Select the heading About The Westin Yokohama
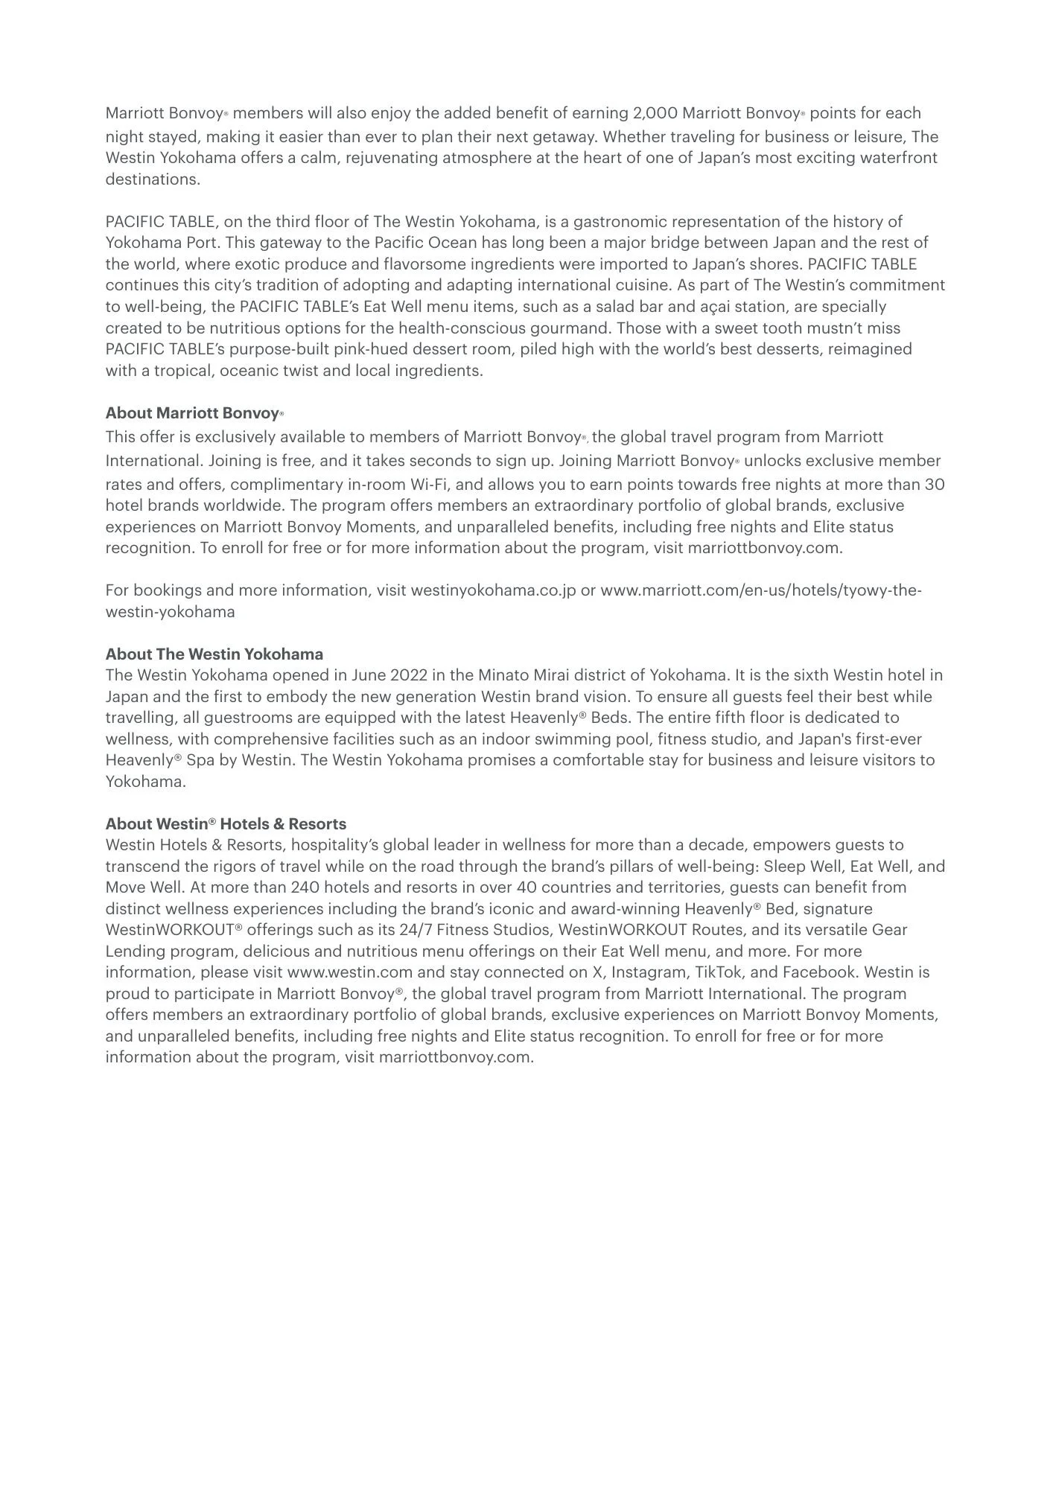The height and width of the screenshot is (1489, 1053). pyautogui.click(x=214, y=654)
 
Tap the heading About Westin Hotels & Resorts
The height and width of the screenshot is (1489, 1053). pyautogui.click(x=226, y=824)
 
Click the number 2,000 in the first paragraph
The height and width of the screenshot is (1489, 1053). pyautogui.click(x=655, y=113)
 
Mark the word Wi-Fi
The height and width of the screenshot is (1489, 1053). pyautogui.click(x=428, y=485)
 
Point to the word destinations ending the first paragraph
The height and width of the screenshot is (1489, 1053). pyautogui.click(x=153, y=179)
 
